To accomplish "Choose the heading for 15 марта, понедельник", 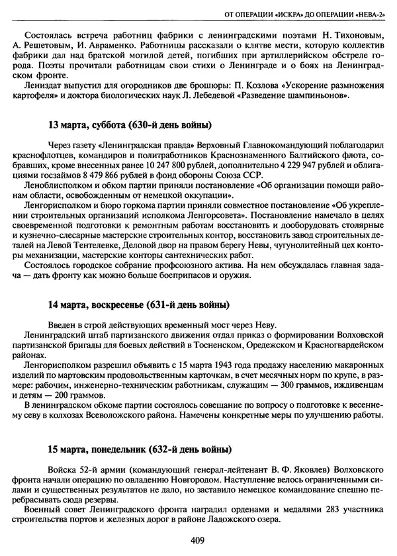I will (x=140, y=449).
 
